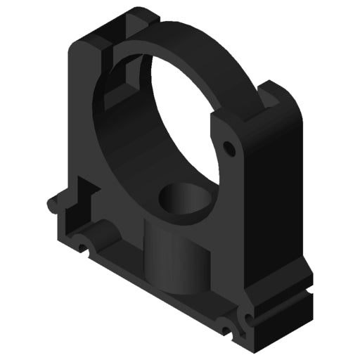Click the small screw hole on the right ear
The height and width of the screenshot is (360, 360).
tap(227, 148)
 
